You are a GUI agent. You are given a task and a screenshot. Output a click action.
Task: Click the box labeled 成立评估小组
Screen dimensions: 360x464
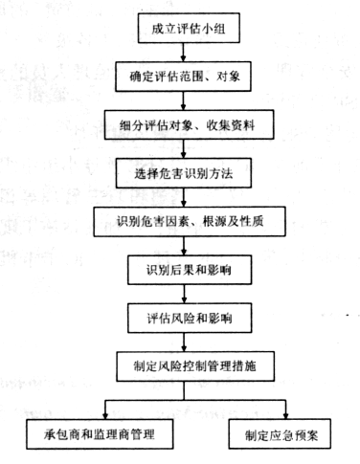click(x=189, y=28)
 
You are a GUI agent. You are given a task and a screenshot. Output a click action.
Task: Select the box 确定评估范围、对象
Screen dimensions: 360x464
click(x=183, y=77)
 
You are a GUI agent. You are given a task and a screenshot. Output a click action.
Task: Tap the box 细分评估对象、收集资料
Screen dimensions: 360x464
click(x=189, y=124)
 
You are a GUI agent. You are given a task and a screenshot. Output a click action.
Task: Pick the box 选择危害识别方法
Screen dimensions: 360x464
click(x=184, y=173)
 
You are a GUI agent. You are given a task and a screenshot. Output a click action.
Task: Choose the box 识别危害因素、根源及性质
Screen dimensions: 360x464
click(x=190, y=222)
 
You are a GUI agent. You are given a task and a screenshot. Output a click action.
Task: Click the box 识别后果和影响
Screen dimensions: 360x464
click(x=190, y=270)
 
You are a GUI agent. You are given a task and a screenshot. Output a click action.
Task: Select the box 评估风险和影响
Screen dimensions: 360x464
click(x=190, y=319)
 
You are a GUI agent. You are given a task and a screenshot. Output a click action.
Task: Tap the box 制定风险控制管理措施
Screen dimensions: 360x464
click(x=195, y=366)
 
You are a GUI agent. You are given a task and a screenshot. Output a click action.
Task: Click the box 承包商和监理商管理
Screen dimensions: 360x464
click(x=100, y=434)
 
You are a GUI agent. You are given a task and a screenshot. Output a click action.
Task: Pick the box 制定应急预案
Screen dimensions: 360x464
click(x=280, y=434)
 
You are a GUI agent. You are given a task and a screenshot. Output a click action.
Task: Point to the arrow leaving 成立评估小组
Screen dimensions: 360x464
click(x=183, y=53)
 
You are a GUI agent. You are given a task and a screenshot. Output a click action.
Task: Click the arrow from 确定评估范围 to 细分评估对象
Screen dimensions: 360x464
click(x=183, y=100)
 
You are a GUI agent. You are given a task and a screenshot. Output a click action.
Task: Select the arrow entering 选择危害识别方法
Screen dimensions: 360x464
click(x=183, y=149)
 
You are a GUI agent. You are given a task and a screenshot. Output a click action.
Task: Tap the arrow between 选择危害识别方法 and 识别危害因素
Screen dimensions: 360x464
click(x=184, y=197)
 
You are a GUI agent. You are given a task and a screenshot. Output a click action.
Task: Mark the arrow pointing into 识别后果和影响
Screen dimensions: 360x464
click(x=184, y=246)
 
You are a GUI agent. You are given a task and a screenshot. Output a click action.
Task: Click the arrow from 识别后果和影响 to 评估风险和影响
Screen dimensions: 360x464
click(x=184, y=294)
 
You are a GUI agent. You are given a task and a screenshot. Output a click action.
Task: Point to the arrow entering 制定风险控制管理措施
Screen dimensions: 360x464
click(x=184, y=342)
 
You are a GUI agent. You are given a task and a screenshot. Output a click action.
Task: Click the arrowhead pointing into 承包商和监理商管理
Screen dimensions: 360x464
click(x=105, y=416)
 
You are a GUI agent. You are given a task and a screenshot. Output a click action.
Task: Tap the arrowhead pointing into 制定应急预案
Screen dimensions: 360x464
click(x=285, y=416)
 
